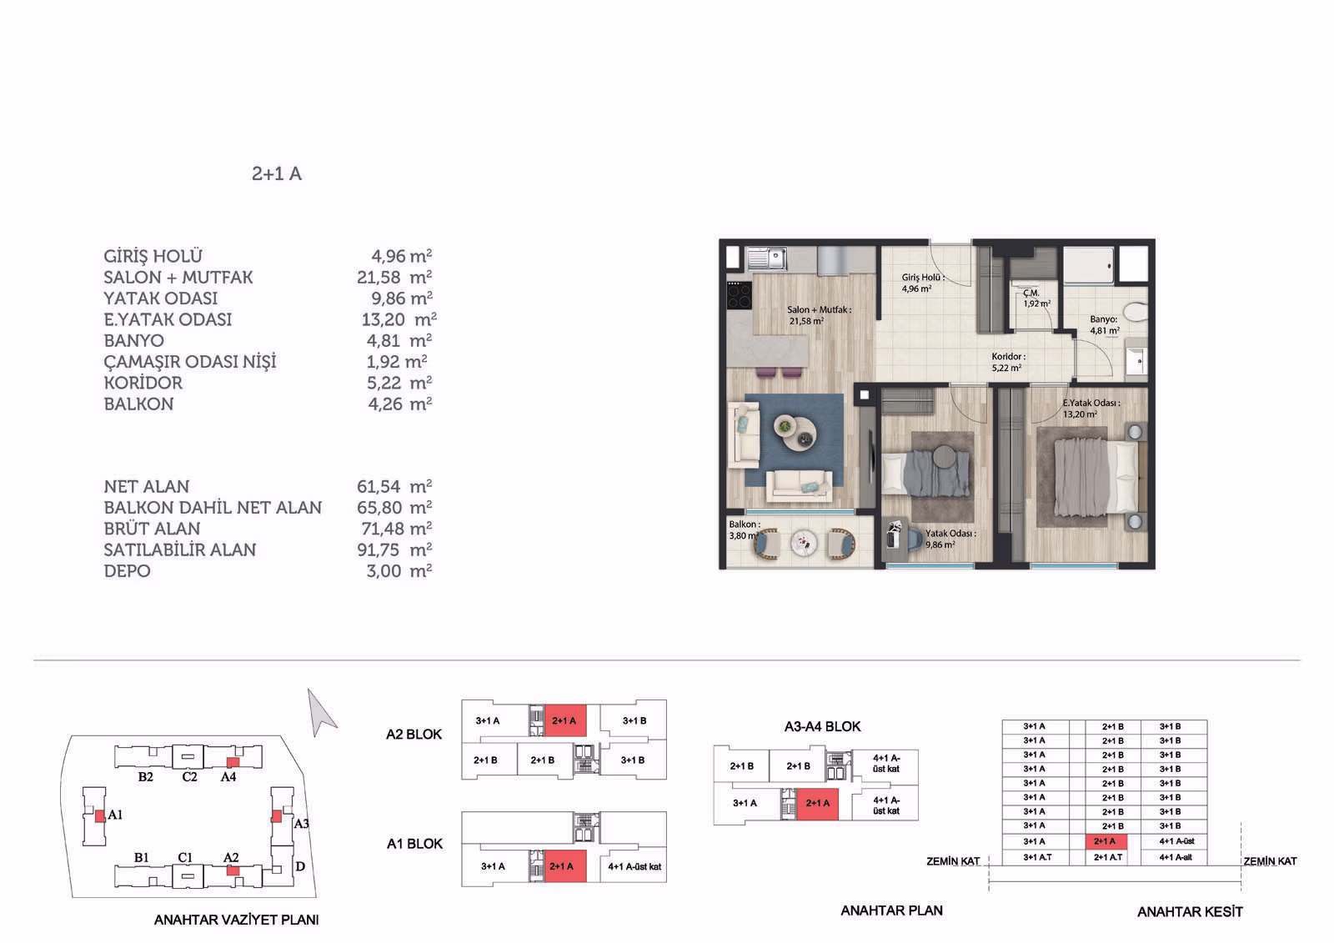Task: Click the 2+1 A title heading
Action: click(x=276, y=173)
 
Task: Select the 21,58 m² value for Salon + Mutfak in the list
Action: click(x=394, y=277)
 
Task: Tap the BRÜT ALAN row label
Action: click(x=152, y=529)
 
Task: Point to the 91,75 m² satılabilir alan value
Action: click(x=394, y=549)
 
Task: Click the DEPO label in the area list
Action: click(x=127, y=570)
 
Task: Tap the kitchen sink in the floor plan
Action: click(x=767, y=258)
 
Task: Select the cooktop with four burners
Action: click(x=739, y=295)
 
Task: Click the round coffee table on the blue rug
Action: click(x=795, y=432)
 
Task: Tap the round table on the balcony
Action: click(x=804, y=544)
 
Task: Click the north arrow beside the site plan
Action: click(x=320, y=712)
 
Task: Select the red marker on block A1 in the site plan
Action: click(x=100, y=815)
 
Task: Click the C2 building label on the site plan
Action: click(x=189, y=777)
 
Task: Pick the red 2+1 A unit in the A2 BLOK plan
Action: click(x=565, y=721)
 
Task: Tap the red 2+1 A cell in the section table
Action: click(x=1106, y=842)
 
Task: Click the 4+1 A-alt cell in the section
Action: click(x=1175, y=857)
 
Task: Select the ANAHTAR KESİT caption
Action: click(x=1190, y=912)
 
